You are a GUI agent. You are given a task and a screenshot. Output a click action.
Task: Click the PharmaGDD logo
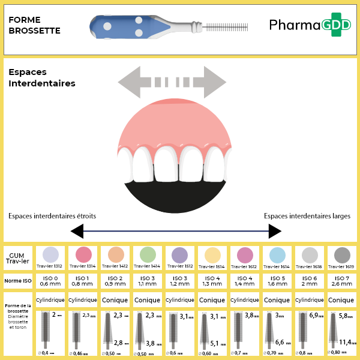point(305,25)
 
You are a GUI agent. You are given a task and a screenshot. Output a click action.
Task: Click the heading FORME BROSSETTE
point(34,25)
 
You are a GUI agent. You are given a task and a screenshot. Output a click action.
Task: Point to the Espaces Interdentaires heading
point(42,77)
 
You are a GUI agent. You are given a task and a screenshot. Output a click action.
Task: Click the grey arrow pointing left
point(133,82)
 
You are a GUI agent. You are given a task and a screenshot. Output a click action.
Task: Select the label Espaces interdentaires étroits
point(52,216)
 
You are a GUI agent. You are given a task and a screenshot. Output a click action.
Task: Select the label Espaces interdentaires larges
point(307,216)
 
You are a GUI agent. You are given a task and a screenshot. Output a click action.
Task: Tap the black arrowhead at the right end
point(275,231)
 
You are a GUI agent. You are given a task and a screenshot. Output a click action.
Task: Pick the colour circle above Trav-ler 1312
point(51,254)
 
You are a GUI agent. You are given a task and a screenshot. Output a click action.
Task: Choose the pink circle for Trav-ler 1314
point(83,254)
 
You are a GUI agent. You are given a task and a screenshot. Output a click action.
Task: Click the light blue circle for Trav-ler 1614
point(277,254)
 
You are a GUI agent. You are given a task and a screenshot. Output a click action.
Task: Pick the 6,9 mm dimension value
point(316,315)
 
